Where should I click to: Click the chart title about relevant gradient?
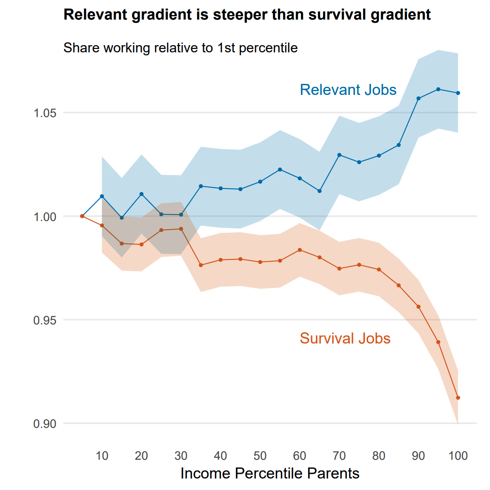pos(247,15)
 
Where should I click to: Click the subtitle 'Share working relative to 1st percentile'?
pos(181,48)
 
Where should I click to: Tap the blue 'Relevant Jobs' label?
pos(348,90)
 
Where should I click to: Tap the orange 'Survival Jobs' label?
pos(345,338)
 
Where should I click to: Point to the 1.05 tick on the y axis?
pos(45,113)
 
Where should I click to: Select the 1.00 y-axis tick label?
pos(45,217)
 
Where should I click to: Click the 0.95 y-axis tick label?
pos(45,320)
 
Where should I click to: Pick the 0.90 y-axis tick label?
pos(45,424)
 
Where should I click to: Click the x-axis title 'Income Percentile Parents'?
pos(270,473)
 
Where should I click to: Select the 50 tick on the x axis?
pos(260,456)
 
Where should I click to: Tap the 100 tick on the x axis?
pos(458,456)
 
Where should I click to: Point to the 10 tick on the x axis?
pos(102,456)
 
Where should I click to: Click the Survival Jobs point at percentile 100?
pos(458,398)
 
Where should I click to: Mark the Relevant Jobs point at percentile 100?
pos(458,93)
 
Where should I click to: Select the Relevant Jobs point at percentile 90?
pos(418,98)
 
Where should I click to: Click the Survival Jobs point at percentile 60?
pos(300,250)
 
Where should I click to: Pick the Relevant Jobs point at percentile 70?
pos(339,155)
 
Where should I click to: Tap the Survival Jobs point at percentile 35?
pos(201,265)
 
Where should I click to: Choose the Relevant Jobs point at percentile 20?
pos(141,194)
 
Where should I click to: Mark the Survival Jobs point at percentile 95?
pos(438,342)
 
